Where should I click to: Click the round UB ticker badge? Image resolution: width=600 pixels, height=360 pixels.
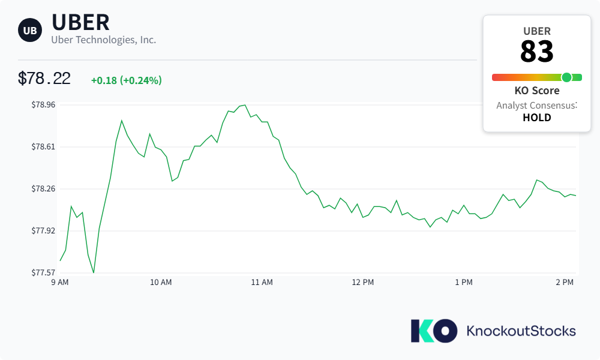coord(30,30)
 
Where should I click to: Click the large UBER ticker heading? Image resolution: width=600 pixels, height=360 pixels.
coord(80,22)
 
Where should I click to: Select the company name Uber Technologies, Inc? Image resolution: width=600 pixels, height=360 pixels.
coord(104,40)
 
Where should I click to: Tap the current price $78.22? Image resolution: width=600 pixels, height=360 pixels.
coord(44,79)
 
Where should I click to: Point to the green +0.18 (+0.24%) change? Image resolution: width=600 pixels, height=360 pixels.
coord(126,80)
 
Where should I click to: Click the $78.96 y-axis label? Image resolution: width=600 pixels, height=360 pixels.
coord(43,105)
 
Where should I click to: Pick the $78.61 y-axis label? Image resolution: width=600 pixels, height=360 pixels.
coord(43,147)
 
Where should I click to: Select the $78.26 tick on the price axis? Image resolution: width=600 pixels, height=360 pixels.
coord(43,189)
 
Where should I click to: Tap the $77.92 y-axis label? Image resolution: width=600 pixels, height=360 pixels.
coord(43,230)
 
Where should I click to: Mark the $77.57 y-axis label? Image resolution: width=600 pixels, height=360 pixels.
coord(43,273)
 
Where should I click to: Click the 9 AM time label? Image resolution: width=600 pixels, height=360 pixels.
coord(60,283)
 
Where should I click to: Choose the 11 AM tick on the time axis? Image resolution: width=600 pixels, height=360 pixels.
coord(262,283)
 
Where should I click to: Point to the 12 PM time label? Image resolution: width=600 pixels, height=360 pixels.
coord(363,283)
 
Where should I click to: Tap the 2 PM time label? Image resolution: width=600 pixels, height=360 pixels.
coord(565,283)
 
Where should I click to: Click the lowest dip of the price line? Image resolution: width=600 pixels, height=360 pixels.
coord(94,272)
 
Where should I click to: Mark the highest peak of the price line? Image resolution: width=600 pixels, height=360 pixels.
coord(245,105)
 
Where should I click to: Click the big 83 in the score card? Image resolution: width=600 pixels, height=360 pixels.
coord(537,51)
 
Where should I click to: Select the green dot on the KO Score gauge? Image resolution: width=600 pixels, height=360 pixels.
coord(567,77)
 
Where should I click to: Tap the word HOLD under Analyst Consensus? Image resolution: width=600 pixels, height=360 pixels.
coord(537,118)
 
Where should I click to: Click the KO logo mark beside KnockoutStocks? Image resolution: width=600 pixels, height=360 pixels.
coord(434,331)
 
